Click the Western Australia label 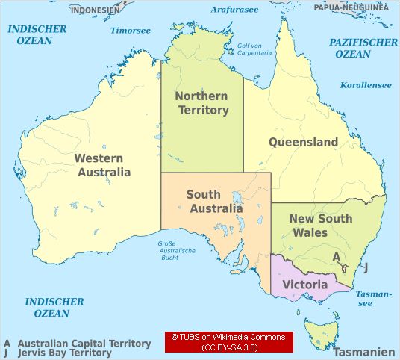click(104, 165)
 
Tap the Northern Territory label click(201, 103)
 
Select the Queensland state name click(303, 142)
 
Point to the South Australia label click(215, 202)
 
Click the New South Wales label click(319, 226)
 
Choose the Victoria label click(304, 285)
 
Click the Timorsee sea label click(131, 31)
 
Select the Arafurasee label click(234, 9)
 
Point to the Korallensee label click(366, 85)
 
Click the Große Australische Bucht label click(176, 250)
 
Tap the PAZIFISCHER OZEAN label click(363, 48)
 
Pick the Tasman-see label click(374, 299)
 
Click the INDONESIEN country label click(96, 10)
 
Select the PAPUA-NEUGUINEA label click(351, 7)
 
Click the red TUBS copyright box click(228, 342)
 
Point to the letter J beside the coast click(366, 268)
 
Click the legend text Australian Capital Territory click(84, 344)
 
